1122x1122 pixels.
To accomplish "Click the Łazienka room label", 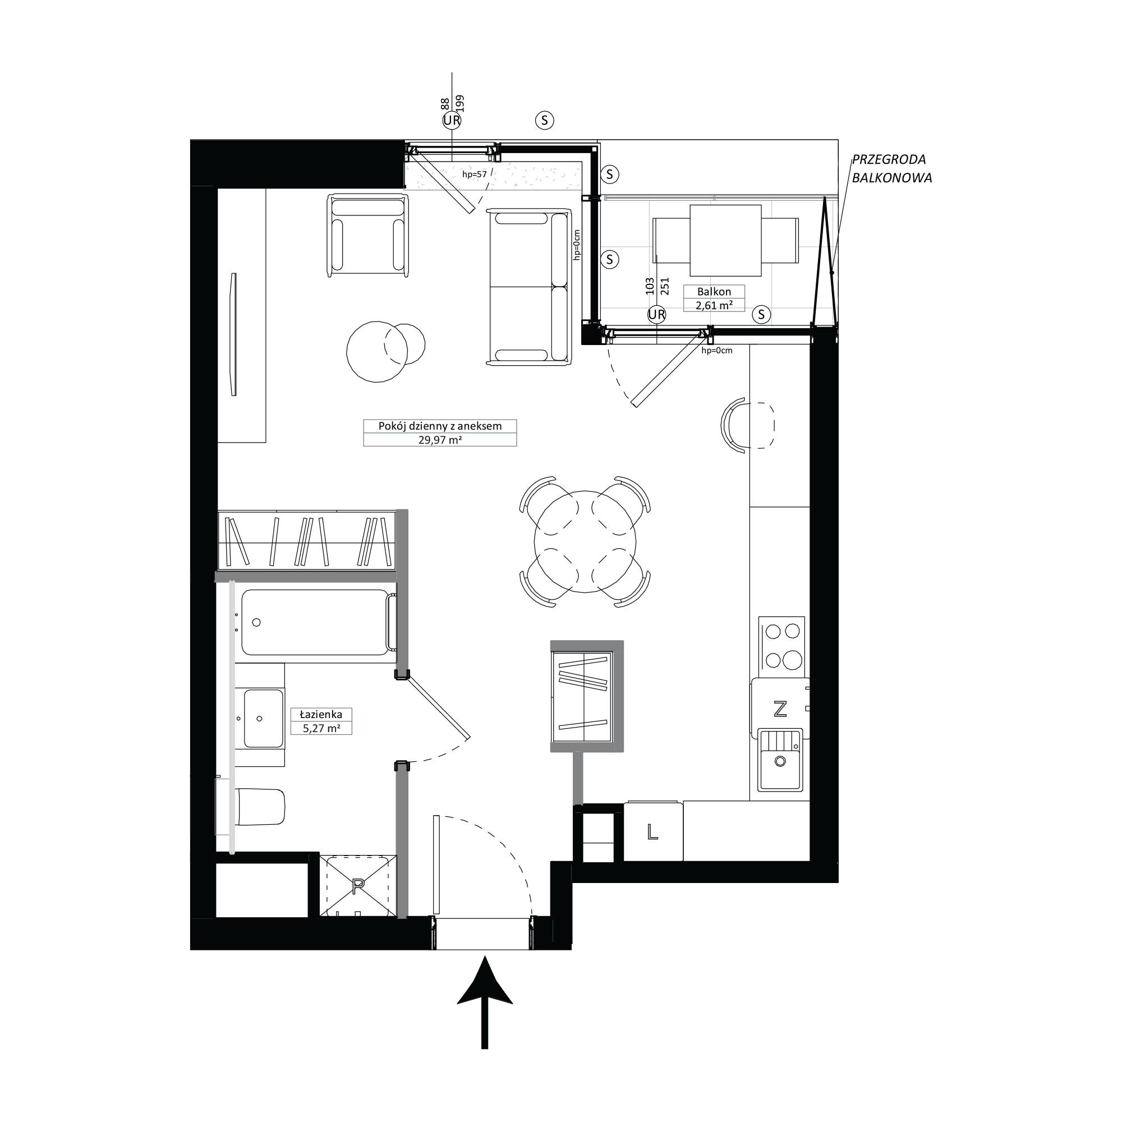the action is (x=320, y=714).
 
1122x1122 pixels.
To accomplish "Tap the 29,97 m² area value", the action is (x=440, y=440).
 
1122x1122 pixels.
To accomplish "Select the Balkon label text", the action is (x=714, y=292).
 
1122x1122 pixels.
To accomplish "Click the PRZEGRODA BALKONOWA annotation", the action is (x=891, y=168).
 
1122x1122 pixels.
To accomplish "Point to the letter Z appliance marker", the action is (x=780, y=709).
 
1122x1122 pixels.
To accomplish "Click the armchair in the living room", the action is (x=367, y=234).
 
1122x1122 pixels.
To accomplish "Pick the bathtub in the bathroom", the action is (x=318, y=623).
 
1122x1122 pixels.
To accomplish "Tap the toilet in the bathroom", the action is (x=260, y=807).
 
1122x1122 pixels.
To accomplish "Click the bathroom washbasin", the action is (x=263, y=719).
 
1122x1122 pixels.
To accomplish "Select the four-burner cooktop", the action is (x=781, y=646).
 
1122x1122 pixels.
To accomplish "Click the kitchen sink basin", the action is (x=781, y=760).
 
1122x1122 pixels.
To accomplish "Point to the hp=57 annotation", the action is (x=474, y=174).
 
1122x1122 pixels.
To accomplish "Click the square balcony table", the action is (x=725, y=241).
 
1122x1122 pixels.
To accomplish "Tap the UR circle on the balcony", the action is (x=656, y=314).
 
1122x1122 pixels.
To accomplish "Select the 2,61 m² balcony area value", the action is (x=714, y=305).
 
